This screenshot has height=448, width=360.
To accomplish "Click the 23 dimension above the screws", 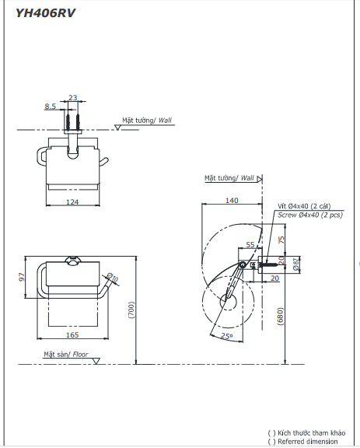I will point(73,98).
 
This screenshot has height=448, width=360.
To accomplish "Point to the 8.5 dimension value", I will point(50,106).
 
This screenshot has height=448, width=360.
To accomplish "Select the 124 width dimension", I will point(72,203).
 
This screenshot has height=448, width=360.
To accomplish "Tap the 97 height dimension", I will point(22,278).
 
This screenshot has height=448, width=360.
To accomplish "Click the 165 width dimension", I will point(71,334).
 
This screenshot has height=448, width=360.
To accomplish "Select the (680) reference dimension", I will point(282,315).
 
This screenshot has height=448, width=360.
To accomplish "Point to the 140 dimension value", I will point(232,201).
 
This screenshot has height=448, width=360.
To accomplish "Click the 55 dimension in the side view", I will point(250,245).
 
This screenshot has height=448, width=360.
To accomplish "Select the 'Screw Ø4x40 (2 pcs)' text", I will point(309,215).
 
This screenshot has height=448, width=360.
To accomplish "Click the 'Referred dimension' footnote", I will point(307,442).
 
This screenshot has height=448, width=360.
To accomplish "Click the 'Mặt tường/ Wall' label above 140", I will point(229,177).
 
